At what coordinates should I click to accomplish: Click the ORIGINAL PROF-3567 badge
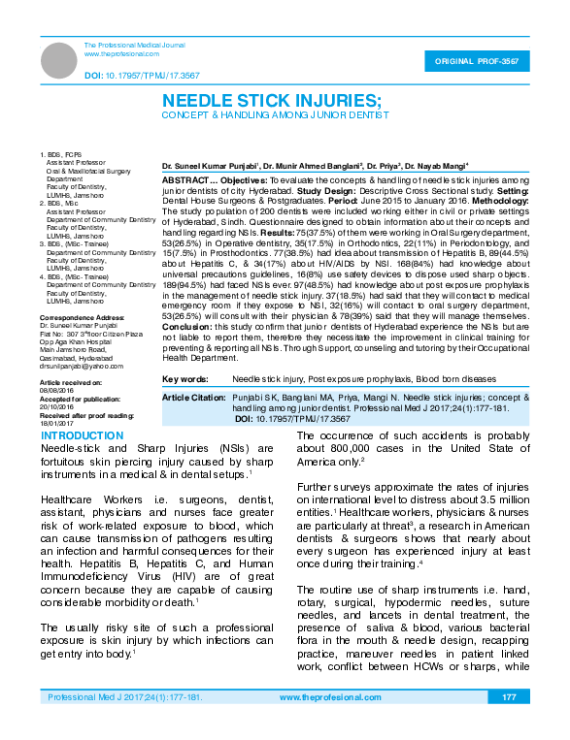481,61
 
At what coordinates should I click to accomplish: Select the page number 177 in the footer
508,697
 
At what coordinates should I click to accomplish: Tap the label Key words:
184,378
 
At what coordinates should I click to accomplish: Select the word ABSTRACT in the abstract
182,180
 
